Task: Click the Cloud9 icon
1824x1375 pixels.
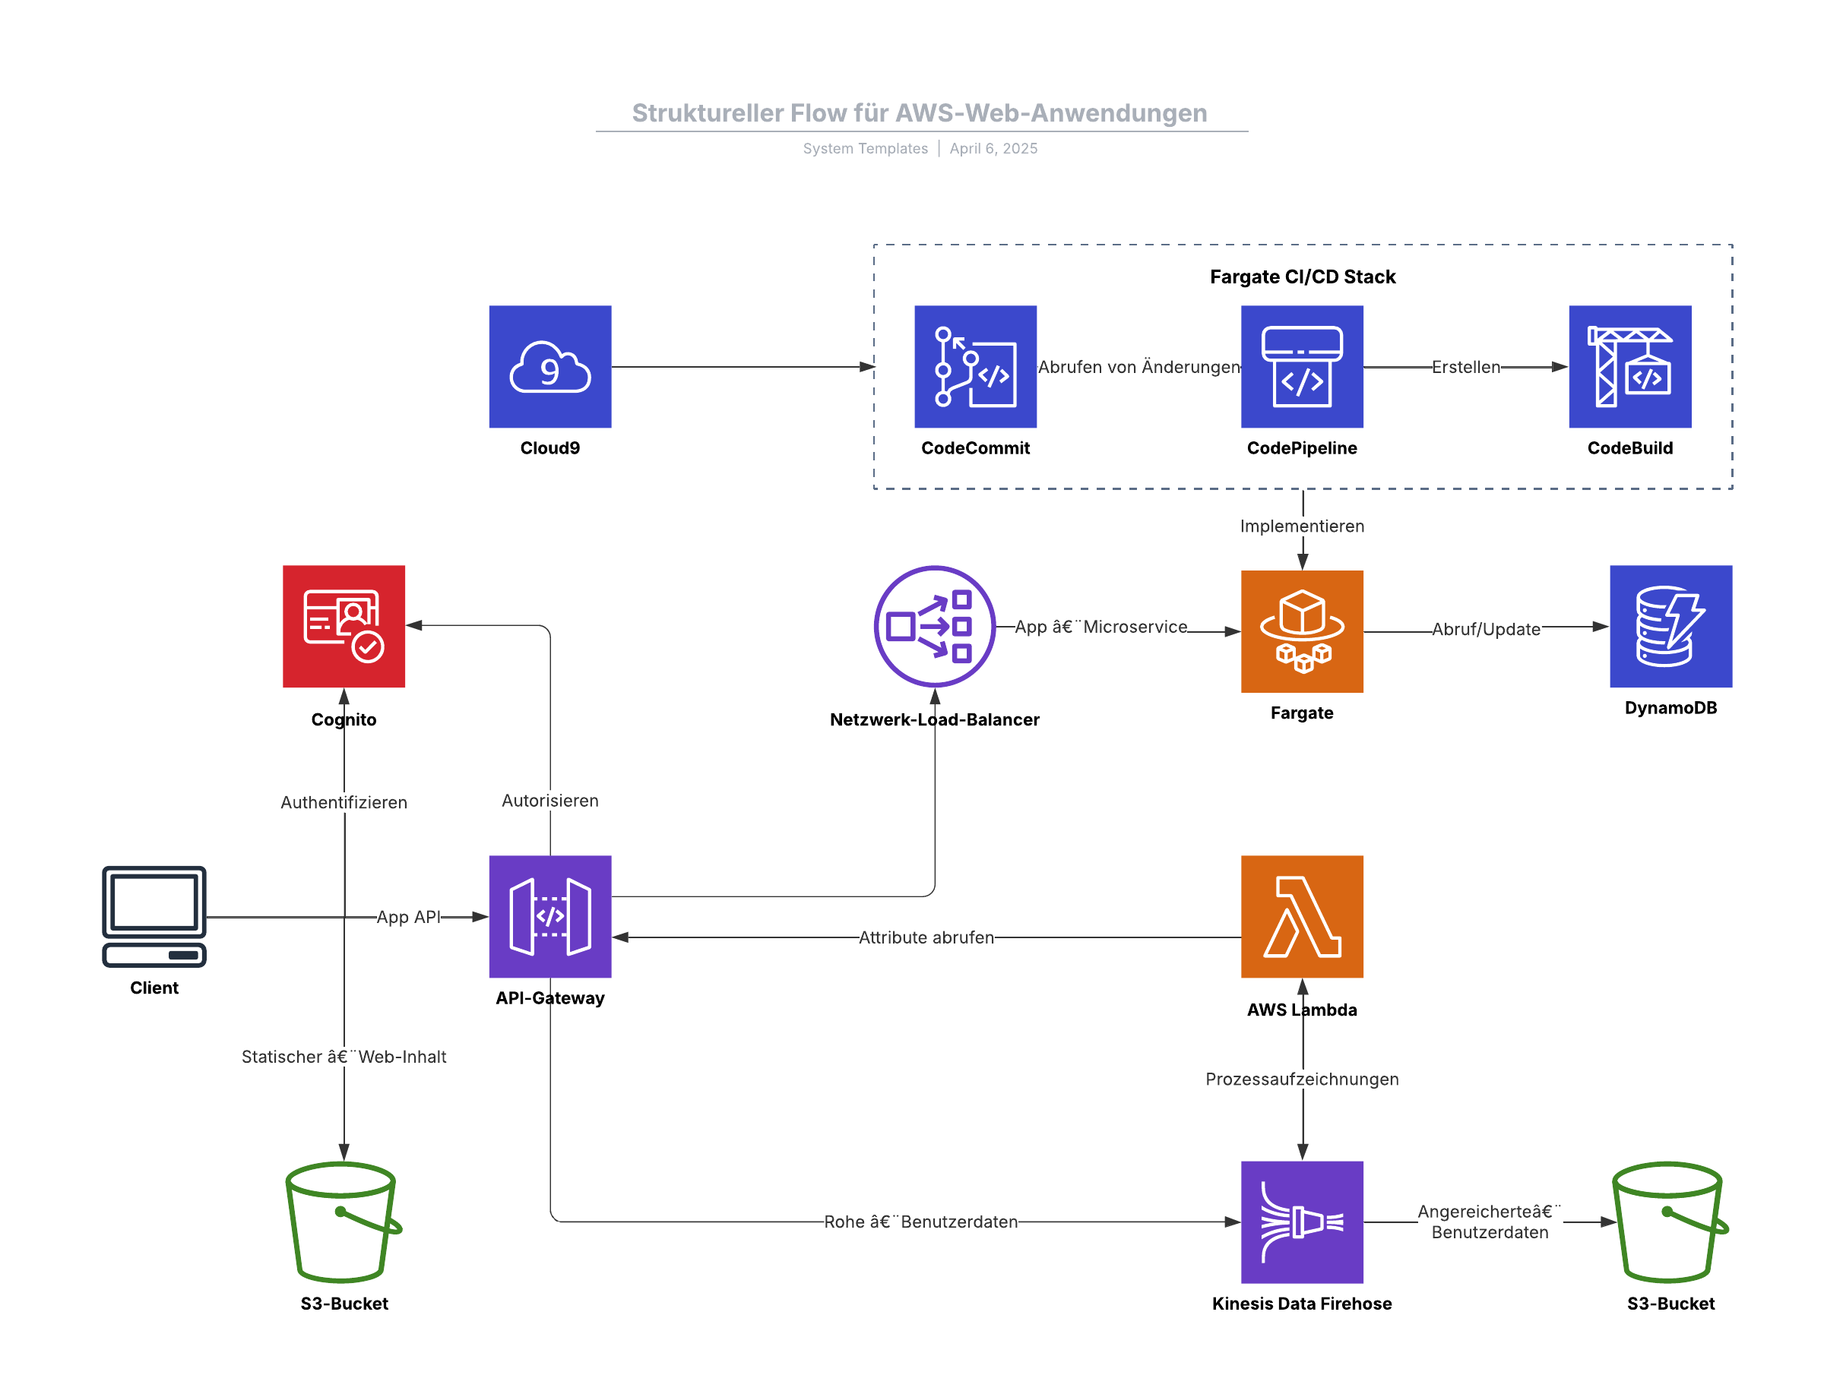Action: pos(550,367)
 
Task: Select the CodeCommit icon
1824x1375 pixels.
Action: pos(976,367)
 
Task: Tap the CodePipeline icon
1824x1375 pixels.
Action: pos(1302,367)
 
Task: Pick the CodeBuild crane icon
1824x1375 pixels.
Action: pos(1629,367)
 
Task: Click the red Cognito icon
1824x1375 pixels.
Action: pos(344,627)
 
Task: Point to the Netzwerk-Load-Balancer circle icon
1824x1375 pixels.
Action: pos(934,627)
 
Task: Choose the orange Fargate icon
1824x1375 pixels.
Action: pos(1302,631)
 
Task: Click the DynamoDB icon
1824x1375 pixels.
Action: pos(1670,627)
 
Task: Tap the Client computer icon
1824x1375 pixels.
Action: pos(154,916)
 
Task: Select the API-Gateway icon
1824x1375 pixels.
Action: pos(550,917)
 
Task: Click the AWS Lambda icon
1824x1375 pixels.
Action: pos(1302,917)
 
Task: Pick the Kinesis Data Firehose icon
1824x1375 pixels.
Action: pos(1302,1222)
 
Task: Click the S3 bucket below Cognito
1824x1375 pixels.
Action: pos(344,1222)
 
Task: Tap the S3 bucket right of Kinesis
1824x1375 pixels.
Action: pos(1670,1222)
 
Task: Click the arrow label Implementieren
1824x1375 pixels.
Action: pos(1302,526)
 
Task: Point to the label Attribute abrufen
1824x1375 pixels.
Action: pos(926,937)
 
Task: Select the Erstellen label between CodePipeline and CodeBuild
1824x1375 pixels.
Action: pos(1465,367)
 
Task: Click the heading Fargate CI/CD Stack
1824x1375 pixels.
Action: pos(1302,277)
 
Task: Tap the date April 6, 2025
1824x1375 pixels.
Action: pos(993,148)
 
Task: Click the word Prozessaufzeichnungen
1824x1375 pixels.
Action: pos(1302,1079)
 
